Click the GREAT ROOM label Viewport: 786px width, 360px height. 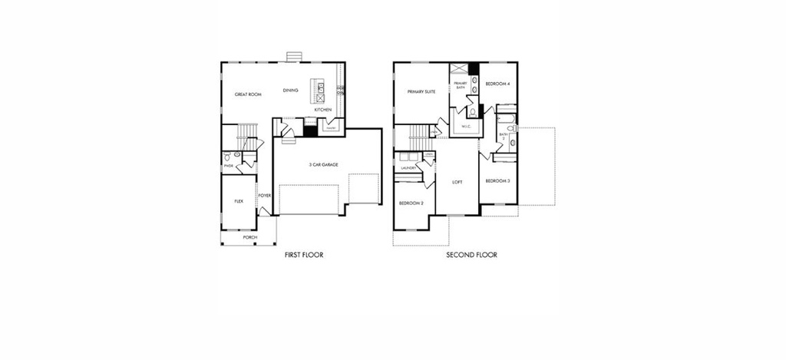click(x=248, y=94)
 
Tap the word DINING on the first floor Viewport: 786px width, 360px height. click(x=290, y=91)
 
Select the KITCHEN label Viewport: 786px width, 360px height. click(x=322, y=111)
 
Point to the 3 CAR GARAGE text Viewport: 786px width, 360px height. click(x=324, y=165)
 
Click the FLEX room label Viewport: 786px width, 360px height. click(x=238, y=201)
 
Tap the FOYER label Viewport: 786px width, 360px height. click(x=264, y=195)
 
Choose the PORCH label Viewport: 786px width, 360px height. click(x=249, y=238)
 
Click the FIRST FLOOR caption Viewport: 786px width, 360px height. click(x=304, y=255)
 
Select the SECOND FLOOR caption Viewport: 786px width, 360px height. click(x=471, y=255)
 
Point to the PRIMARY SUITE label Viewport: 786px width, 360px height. click(x=421, y=91)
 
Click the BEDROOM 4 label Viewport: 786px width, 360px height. click(x=497, y=83)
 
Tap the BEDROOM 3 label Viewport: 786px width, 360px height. click(x=497, y=180)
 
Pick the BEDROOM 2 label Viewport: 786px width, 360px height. click(x=411, y=203)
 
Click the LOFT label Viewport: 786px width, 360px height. click(x=457, y=183)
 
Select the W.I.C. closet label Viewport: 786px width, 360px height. click(x=465, y=125)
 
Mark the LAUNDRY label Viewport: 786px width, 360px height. click(x=408, y=168)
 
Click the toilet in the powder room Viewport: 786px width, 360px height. click(x=237, y=156)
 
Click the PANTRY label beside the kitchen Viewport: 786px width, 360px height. click(x=329, y=128)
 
